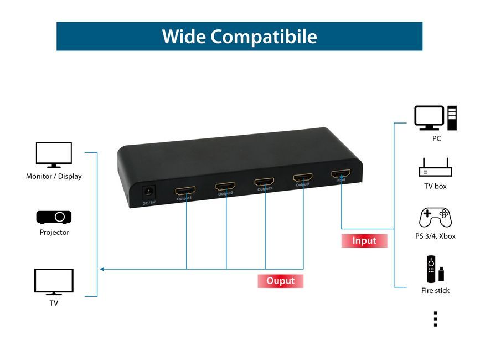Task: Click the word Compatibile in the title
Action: point(264,37)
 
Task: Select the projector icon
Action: point(54,217)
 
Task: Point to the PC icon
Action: point(436,118)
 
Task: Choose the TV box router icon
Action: point(435,167)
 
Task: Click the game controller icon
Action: point(435,218)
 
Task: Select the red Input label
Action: point(364,241)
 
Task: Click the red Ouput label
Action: point(281,281)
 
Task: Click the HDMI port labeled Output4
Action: point(303,178)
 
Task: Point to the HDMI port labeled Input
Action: point(340,174)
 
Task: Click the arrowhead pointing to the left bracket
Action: point(102,269)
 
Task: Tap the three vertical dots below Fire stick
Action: point(435,319)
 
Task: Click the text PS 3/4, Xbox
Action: point(435,236)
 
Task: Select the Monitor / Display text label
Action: point(54,177)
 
